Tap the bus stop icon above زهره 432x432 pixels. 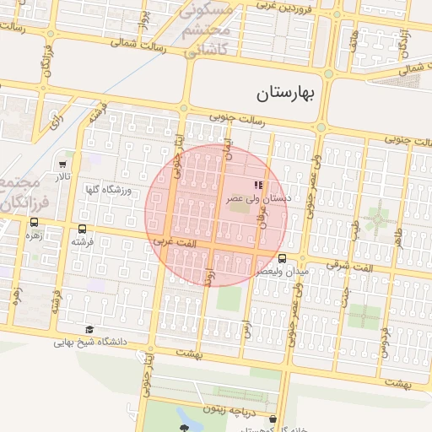tap(34, 223)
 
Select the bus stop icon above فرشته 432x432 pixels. tap(82, 229)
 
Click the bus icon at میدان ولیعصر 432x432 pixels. tap(281, 259)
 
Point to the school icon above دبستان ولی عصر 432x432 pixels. tap(258, 185)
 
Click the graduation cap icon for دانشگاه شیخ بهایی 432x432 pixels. tap(89, 330)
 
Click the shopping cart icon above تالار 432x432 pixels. tap(64, 164)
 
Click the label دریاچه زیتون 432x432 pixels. tap(226, 408)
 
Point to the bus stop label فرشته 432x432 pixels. tap(82, 242)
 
